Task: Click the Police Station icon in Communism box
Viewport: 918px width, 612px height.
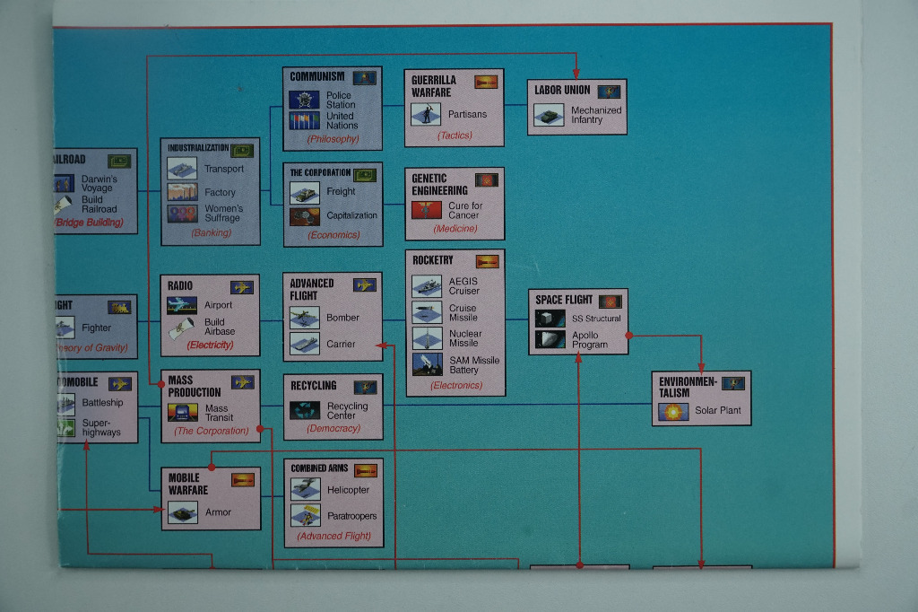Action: [x=304, y=100]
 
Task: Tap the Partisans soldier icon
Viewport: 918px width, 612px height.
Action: [x=426, y=114]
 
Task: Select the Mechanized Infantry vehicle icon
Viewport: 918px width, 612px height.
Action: [x=549, y=116]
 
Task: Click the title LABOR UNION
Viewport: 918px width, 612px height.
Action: [x=562, y=91]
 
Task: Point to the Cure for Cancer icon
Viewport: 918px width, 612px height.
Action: [x=427, y=210]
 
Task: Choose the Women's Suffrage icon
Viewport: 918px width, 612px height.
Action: [x=182, y=214]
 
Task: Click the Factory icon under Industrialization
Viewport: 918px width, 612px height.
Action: [x=182, y=191]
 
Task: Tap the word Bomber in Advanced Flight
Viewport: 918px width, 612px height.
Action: [x=342, y=318]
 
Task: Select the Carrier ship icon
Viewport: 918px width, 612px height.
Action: [x=305, y=344]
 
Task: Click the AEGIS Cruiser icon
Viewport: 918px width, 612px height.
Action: [x=427, y=286]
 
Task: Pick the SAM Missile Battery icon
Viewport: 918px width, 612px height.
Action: [x=427, y=364]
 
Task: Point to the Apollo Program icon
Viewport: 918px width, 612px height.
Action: [x=550, y=339]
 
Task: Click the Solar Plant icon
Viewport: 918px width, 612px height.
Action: [x=672, y=411]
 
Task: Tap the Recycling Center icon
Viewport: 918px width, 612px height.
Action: [x=305, y=410]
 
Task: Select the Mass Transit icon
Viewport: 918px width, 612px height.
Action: [x=183, y=413]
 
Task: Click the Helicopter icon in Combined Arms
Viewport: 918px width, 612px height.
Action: [x=305, y=489]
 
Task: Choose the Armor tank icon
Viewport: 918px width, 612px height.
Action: [x=183, y=512]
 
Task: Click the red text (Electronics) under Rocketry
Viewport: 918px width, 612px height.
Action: [x=456, y=386]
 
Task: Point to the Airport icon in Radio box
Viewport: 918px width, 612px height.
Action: [x=182, y=305]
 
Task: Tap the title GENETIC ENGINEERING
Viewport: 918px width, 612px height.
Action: [x=439, y=184]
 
